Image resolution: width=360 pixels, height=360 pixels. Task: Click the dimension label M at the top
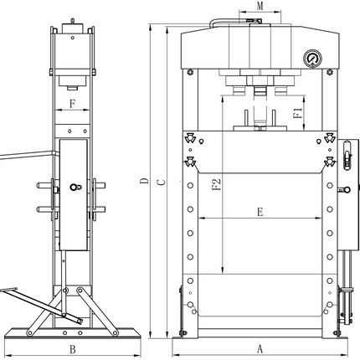pos(260,6)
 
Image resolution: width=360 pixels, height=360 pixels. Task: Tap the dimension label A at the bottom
pos(260,349)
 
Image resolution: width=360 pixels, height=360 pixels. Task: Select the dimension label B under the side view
pos(73,349)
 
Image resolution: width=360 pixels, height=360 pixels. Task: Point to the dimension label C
pos(161,183)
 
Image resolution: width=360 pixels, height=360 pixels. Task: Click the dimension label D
pos(144,181)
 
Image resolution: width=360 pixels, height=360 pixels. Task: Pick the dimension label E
pos(260,212)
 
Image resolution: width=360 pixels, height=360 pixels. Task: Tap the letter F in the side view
pos(72,104)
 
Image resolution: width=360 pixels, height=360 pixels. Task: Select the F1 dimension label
pos(298,113)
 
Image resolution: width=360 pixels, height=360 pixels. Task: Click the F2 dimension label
pos(217,184)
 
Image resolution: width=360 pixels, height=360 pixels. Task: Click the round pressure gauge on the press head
pos(312,59)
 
